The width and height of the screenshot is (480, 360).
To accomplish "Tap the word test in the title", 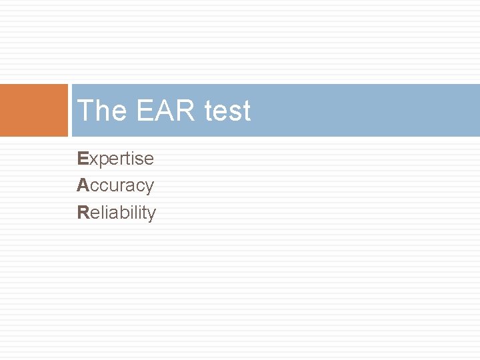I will [x=228, y=111].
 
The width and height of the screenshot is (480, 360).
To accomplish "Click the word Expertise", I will [x=115, y=159].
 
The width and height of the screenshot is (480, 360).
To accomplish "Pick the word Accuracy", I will [x=115, y=186].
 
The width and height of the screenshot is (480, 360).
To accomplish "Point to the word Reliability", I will [x=117, y=213].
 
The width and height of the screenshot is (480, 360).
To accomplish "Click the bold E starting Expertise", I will [x=83, y=159].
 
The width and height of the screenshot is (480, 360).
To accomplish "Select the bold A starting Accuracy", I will [x=83, y=185].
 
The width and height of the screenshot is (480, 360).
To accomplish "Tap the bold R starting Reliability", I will [x=83, y=213].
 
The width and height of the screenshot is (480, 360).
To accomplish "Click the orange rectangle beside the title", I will [x=34, y=110].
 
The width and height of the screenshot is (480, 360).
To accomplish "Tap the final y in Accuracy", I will [x=149, y=188].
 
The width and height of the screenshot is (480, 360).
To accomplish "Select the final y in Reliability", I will [x=151, y=215].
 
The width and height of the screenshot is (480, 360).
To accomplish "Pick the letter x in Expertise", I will [x=93, y=160].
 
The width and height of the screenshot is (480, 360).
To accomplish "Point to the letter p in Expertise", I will [x=102, y=161].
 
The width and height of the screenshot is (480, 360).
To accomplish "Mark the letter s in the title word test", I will [x=235, y=112].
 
